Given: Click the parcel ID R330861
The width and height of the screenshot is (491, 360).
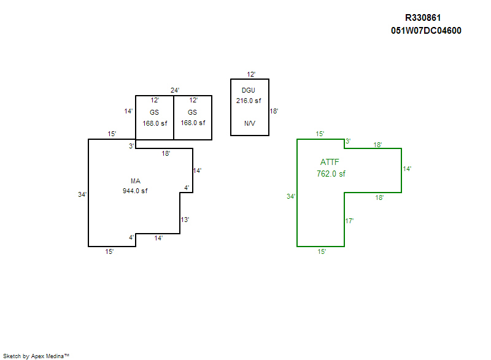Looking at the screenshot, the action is click(x=423, y=18).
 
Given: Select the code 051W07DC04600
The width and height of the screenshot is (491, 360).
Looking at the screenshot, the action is click(x=426, y=31).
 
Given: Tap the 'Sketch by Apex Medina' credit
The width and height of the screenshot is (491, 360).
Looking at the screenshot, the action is click(x=36, y=356).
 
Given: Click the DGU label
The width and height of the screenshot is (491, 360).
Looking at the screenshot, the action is click(x=249, y=90).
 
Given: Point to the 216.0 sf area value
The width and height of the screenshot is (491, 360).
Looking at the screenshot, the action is click(x=249, y=101).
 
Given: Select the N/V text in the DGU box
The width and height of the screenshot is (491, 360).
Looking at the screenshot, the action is click(x=250, y=123).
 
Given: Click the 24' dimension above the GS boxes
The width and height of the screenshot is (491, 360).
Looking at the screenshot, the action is click(x=175, y=90).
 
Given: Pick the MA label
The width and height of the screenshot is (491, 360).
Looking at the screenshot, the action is click(x=136, y=181).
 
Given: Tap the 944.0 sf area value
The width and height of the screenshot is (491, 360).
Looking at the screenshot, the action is click(x=135, y=191).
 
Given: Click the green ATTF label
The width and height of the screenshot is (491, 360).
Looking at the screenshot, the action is click(x=330, y=162).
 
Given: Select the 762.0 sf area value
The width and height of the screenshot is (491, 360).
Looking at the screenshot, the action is click(x=331, y=174).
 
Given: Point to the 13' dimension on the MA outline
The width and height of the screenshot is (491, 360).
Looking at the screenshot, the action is click(x=185, y=220).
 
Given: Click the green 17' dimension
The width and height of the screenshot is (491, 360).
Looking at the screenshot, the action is click(x=349, y=221).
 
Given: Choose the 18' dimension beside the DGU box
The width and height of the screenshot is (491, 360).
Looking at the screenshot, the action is click(x=274, y=111).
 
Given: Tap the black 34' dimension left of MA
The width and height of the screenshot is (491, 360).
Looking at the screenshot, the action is click(x=82, y=194).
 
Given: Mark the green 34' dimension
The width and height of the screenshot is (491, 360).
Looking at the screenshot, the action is click(x=291, y=196).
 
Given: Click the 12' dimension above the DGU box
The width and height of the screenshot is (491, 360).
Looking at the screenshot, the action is click(x=251, y=74).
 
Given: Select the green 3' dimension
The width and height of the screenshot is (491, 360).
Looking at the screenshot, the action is click(x=348, y=142).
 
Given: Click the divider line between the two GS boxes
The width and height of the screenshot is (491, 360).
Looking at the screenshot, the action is click(x=174, y=118).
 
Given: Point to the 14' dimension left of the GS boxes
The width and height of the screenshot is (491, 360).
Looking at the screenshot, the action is click(x=128, y=111).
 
